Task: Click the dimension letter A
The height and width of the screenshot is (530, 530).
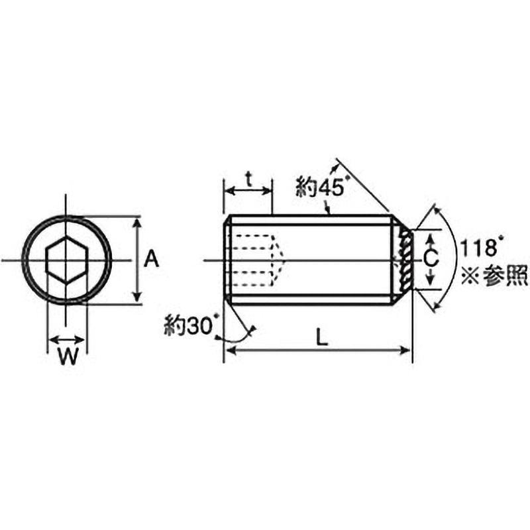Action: pyautogui.click(x=152, y=259)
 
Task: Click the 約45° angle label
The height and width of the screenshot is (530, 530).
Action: pyautogui.click(x=321, y=189)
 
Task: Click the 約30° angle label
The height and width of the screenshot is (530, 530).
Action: pyautogui.click(x=190, y=325)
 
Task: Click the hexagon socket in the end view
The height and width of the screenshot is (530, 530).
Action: pyautogui.click(x=66, y=260)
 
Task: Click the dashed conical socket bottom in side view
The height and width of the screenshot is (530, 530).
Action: pyautogui.click(x=279, y=260)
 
